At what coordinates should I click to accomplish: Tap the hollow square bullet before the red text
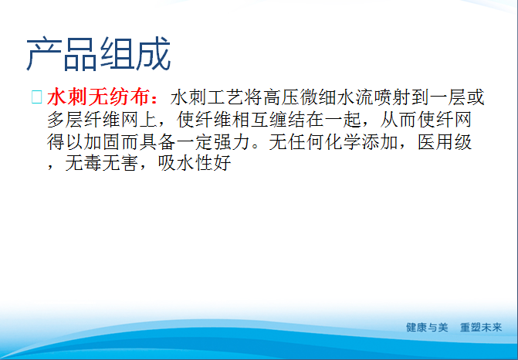point(36,98)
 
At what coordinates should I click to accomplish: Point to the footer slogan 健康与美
point(427,327)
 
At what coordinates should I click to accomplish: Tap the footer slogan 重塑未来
point(480,327)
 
